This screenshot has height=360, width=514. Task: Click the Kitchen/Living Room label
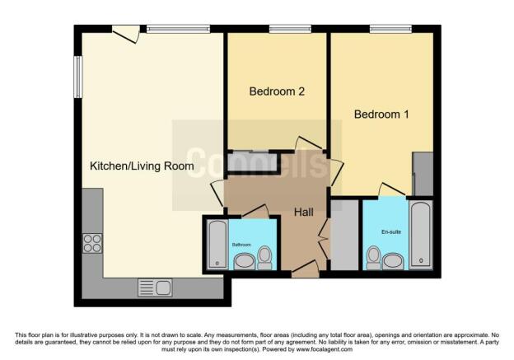[x=142, y=166]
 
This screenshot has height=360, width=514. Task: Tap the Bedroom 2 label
[x=277, y=91]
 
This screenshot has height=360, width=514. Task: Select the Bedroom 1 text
[x=381, y=115]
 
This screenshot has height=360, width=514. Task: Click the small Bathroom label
[x=241, y=245]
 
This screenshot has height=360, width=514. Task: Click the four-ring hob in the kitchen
[x=92, y=243]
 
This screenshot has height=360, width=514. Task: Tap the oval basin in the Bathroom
[x=245, y=262]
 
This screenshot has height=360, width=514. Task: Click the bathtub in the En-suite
[x=421, y=234]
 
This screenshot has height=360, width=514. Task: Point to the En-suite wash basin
[x=392, y=261]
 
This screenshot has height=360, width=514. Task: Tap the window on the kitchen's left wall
[x=77, y=75]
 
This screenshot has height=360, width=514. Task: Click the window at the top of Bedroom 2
[x=284, y=30]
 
